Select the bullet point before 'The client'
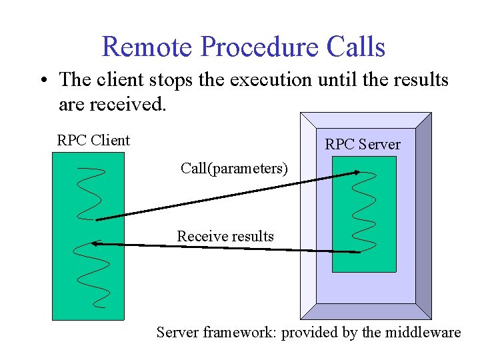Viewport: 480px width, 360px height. tap(42, 81)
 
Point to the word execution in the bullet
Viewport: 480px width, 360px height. tap(271, 80)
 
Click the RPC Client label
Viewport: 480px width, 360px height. tap(93, 140)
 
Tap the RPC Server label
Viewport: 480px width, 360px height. tap(363, 144)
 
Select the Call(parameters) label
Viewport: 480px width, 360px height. tap(234, 169)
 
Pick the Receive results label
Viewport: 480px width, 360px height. tap(225, 236)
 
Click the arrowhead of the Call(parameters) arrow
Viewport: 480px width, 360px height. tap(357, 172)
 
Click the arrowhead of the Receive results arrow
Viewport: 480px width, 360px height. tap(95, 244)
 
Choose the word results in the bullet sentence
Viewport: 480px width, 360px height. tap(417, 80)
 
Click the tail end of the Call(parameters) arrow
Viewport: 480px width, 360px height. tap(97, 219)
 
